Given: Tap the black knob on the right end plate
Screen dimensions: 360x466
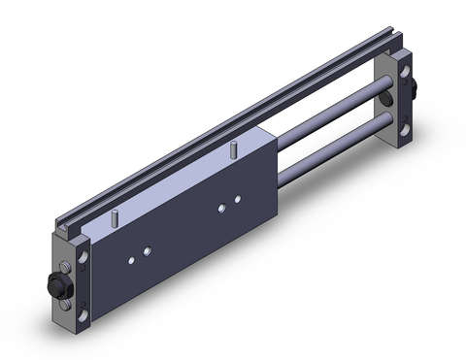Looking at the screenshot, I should coord(414,91).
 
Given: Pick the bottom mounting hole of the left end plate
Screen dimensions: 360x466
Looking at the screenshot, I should coord(83,313).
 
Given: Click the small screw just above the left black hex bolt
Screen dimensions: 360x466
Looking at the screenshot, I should coord(64,268).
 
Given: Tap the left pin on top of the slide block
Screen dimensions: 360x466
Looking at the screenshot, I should coord(115,218).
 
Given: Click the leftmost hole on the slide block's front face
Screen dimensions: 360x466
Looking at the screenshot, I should coord(129,259).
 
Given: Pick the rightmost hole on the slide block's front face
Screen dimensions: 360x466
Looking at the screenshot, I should coord(237,200).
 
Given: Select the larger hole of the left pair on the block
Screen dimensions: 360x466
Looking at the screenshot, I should coord(147,251).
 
